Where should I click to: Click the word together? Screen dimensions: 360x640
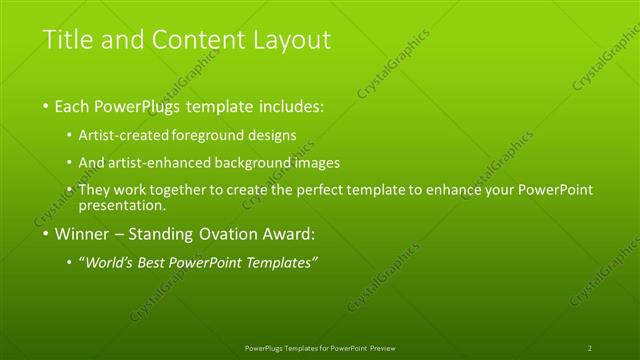(183, 189)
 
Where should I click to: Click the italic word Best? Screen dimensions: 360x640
(171, 263)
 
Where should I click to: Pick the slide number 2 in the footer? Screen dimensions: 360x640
(590, 348)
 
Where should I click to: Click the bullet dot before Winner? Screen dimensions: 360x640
(46, 237)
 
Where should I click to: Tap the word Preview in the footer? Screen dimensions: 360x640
(384, 348)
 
